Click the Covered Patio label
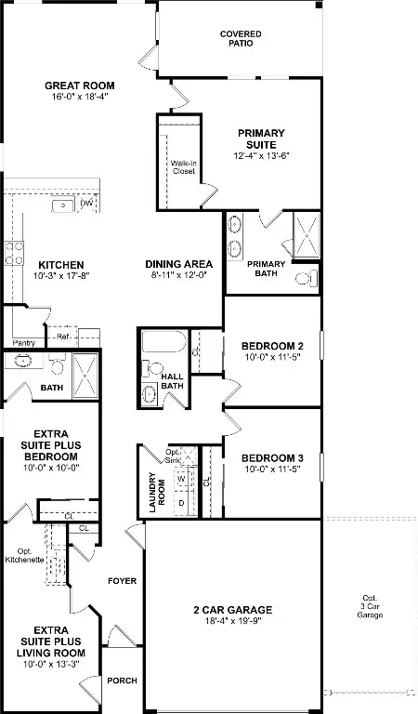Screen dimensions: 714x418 241,39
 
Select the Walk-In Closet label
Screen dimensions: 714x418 183,167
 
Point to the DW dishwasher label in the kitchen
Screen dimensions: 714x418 86,204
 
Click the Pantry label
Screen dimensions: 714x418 25,343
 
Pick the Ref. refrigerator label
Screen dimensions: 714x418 63,337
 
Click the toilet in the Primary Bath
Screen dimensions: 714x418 304,278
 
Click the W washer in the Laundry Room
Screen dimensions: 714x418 181,480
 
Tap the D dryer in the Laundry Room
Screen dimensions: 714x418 181,503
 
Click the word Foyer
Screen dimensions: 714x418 123,582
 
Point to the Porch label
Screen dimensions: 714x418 122,681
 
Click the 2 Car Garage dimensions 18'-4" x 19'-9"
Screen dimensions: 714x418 232,623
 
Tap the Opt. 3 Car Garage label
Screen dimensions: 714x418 372,607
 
